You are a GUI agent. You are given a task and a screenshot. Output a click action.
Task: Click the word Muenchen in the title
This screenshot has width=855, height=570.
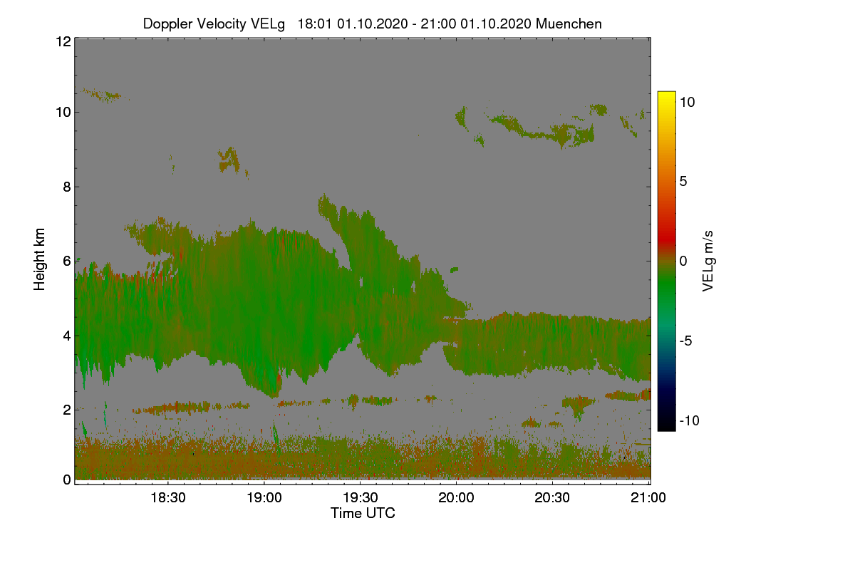coord(569,24)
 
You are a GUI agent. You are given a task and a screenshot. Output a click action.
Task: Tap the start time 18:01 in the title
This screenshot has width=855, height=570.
coord(313,24)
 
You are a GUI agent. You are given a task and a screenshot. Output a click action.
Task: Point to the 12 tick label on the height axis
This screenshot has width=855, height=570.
coord(63,41)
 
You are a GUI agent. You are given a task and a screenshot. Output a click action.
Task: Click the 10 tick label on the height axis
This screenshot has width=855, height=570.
coord(63,112)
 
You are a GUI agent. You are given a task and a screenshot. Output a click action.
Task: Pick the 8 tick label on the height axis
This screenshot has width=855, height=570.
coord(66,187)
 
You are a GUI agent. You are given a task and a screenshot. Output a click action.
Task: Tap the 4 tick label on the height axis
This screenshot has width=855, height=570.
coord(66,335)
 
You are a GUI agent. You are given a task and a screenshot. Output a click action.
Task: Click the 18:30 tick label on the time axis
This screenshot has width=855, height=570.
coord(167,498)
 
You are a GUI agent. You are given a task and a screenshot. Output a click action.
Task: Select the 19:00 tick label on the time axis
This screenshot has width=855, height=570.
coord(264,498)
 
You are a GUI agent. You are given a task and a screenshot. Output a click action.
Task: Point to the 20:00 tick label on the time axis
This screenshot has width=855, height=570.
coord(456,498)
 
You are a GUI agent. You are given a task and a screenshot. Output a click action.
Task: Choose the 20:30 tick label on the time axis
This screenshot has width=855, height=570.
coord(552,498)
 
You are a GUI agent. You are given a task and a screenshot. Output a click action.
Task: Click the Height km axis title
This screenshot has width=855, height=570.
coord(40,259)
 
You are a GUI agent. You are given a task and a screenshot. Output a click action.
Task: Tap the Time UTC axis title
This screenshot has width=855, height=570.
coord(363,513)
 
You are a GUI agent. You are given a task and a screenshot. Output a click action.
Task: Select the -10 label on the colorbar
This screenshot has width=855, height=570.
coord(689,420)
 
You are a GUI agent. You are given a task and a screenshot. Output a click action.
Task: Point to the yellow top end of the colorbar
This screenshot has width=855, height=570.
coord(666,95)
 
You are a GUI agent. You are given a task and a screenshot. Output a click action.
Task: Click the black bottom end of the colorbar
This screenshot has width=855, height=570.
coord(666,427)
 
